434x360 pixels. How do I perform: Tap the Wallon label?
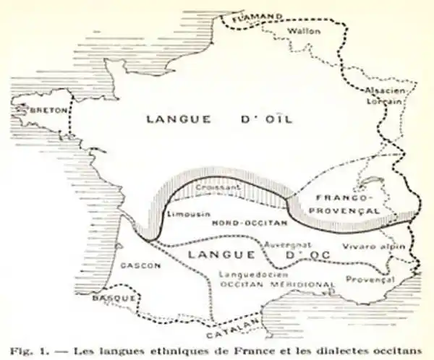click(x=304, y=32)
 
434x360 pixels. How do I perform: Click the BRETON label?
click(x=45, y=111)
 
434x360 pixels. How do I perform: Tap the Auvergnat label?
click(x=287, y=245)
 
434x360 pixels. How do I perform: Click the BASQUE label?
click(x=115, y=299)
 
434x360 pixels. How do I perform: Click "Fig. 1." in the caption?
click(x=27, y=350)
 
